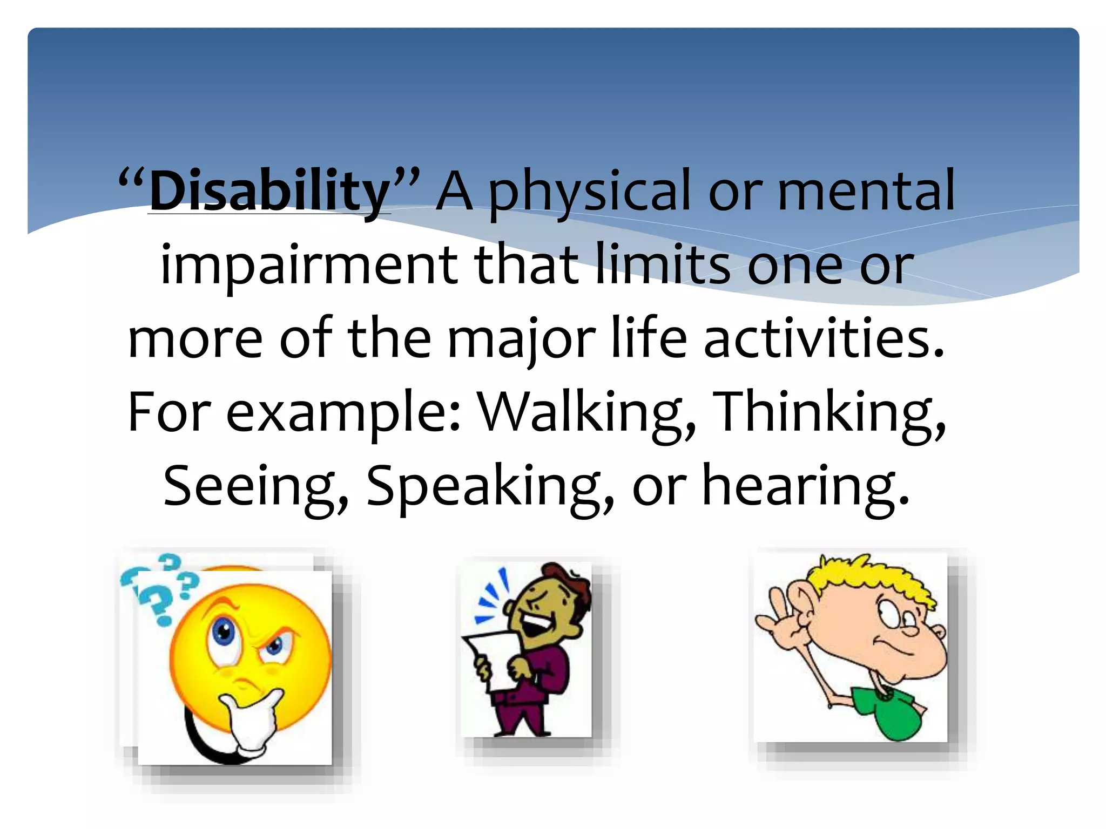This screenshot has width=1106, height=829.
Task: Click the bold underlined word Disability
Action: point(269,192)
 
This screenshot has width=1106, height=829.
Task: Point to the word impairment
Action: point(309,266)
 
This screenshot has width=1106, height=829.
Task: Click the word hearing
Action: point(805,487)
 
